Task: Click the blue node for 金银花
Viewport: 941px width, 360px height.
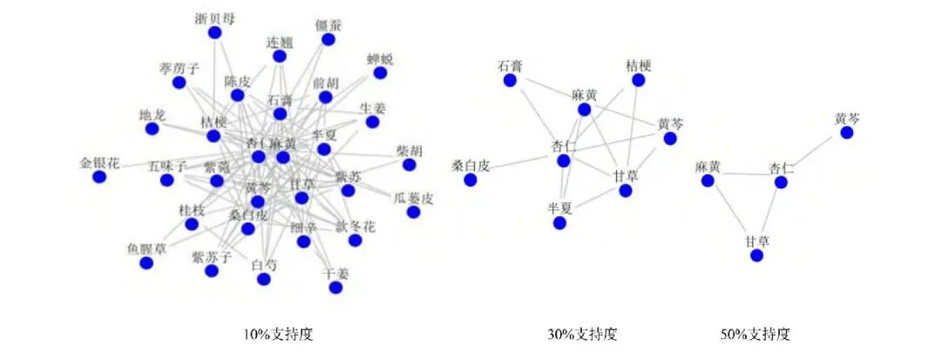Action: [x=99, y=177]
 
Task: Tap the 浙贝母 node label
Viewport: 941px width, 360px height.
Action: [x=214, y=18]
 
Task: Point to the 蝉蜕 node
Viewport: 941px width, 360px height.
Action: [x=380, y=73]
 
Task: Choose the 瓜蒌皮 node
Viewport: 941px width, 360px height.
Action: [x=413, y=212]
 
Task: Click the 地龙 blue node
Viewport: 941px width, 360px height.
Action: [x=152, y=128]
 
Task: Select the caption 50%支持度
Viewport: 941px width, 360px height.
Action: [x=755, y=333]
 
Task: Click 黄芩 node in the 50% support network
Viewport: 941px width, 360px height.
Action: [x=846, y=132]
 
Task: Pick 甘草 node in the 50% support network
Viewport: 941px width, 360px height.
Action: [x=756, y=255]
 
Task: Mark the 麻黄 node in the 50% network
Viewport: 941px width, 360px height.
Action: [x=708, y=180]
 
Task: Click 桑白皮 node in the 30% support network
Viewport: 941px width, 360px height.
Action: [x=470, y=180]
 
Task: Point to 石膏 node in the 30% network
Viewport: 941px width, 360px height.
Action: [x=511, y=80]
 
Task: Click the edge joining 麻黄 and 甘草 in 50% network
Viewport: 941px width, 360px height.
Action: [x=732, y=218]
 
